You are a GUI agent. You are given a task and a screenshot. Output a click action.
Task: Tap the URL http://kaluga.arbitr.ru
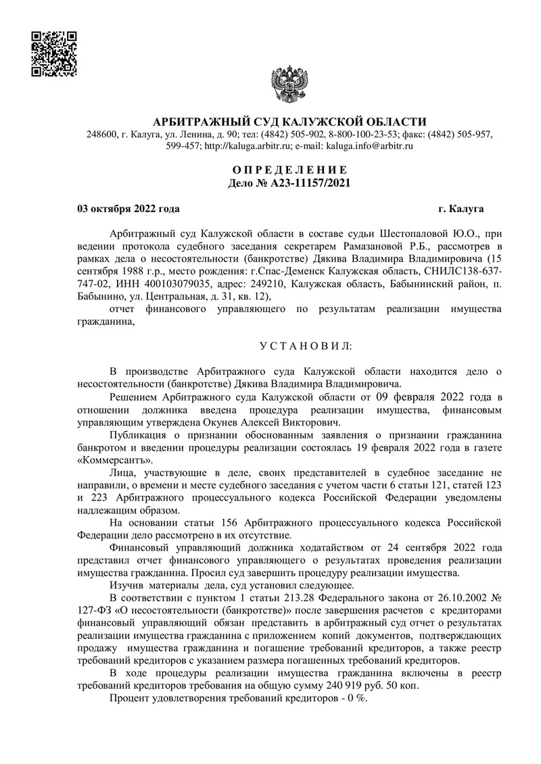(x=248, y=145)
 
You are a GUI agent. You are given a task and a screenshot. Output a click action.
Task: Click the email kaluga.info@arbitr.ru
(x=371, y=145)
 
